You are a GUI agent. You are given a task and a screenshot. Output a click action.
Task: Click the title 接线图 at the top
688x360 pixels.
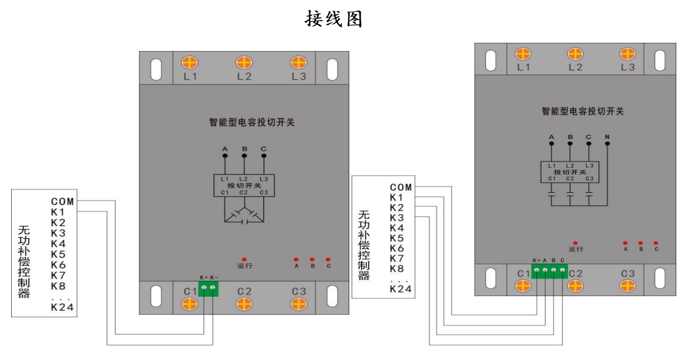333,19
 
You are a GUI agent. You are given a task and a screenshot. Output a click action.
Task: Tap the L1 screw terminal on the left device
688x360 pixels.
189,63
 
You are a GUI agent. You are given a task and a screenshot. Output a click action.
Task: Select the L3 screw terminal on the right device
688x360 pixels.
628,54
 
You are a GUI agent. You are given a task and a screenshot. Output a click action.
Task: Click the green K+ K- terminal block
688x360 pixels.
208,287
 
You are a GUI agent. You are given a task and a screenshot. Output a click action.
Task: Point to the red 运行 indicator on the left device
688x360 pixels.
244,259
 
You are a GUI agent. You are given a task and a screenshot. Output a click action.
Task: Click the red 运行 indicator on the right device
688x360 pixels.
575,243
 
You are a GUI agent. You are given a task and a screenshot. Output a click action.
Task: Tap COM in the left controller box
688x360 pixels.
62,202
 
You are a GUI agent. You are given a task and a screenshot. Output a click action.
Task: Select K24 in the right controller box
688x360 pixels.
401,289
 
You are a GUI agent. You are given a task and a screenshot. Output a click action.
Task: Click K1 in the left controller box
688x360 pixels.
57,212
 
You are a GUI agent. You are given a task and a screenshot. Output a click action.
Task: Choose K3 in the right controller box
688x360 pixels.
397,218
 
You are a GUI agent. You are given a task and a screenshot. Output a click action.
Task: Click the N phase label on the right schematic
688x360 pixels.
607,138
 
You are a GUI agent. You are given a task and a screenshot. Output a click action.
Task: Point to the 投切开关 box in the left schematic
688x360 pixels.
244,185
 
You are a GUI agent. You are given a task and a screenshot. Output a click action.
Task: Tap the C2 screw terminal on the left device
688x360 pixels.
244,304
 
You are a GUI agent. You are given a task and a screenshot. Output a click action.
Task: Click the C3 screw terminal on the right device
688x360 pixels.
628,286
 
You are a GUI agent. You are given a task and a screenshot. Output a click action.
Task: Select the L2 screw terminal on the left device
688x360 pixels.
244,63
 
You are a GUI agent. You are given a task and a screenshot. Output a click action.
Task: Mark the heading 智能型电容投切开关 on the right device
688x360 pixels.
583,111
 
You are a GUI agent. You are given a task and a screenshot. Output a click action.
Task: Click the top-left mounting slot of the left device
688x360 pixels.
156,69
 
